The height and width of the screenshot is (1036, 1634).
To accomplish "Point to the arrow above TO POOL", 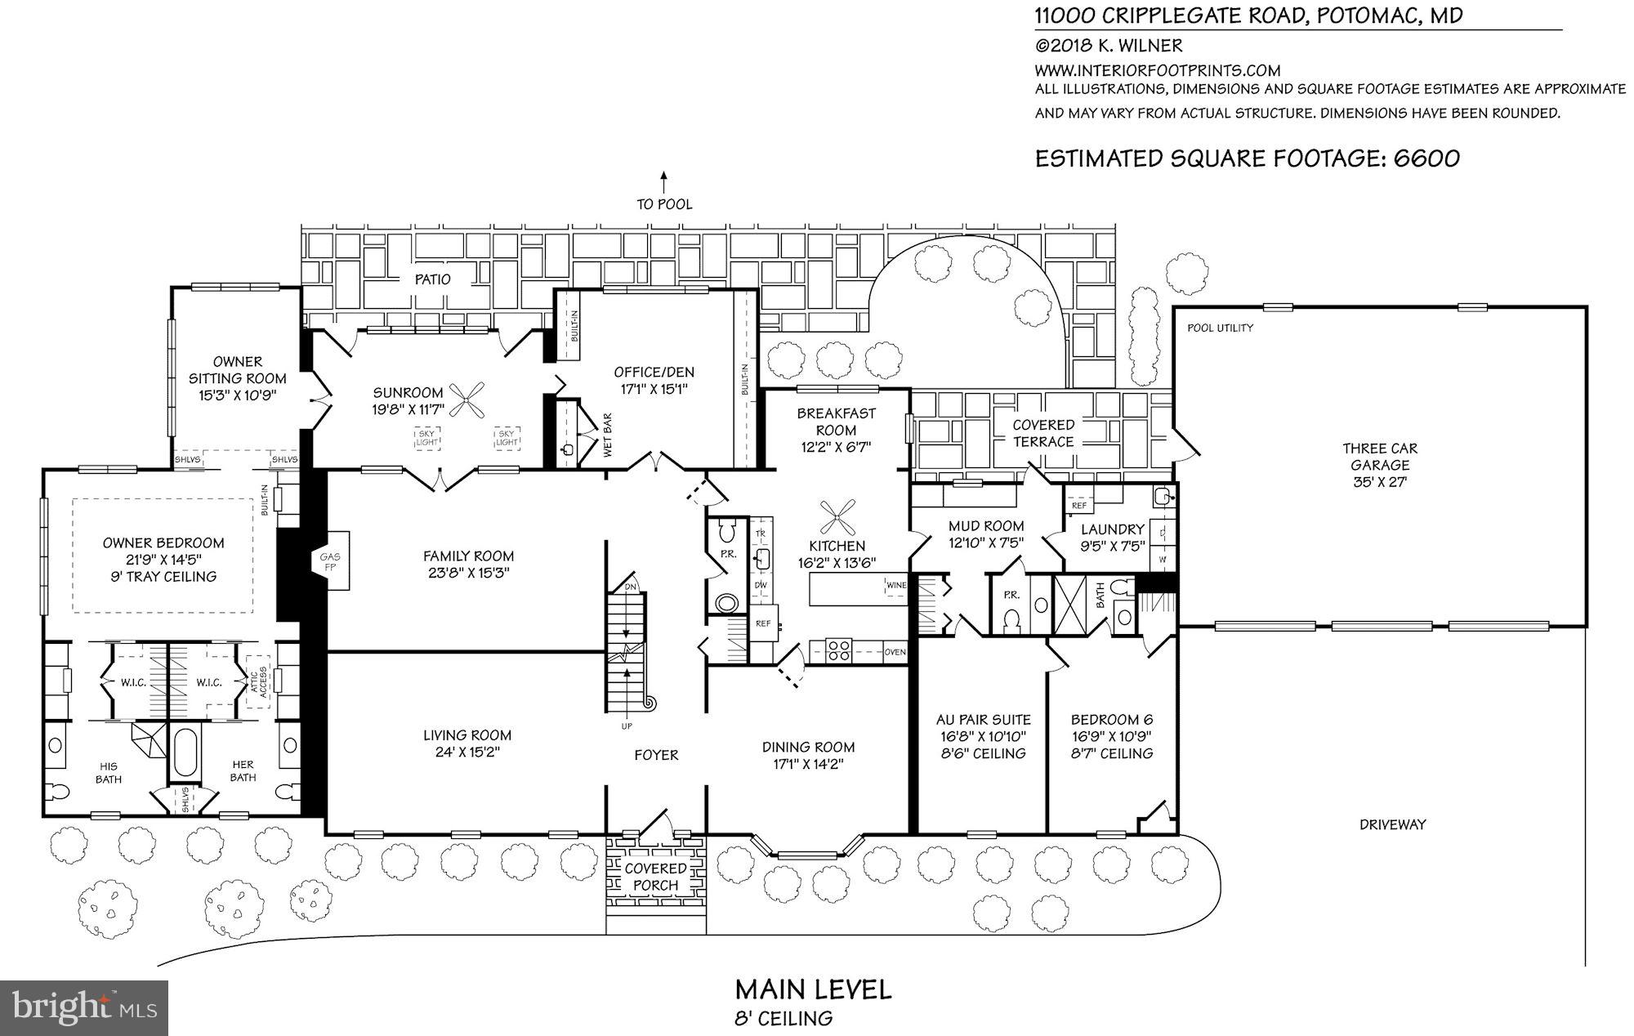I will click(664, 181).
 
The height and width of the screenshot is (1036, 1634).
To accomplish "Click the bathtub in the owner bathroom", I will click(185, 751).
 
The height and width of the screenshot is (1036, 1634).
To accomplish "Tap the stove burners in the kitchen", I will click(839, 651).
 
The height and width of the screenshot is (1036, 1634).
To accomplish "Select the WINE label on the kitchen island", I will click(895, 586).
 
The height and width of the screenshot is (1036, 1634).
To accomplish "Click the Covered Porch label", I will click(655, 877).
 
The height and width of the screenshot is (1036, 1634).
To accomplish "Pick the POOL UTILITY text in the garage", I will click(1220, 328).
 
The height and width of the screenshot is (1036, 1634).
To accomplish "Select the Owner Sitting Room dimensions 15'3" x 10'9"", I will click(238, 395).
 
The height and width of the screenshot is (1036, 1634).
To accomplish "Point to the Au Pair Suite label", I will click(983, 720).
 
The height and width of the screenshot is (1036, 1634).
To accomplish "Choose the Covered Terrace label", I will click(1043, 433).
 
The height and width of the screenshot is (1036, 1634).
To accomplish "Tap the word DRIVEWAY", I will click(1392, 824).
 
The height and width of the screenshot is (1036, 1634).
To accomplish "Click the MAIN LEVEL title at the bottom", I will click(813, 989).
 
